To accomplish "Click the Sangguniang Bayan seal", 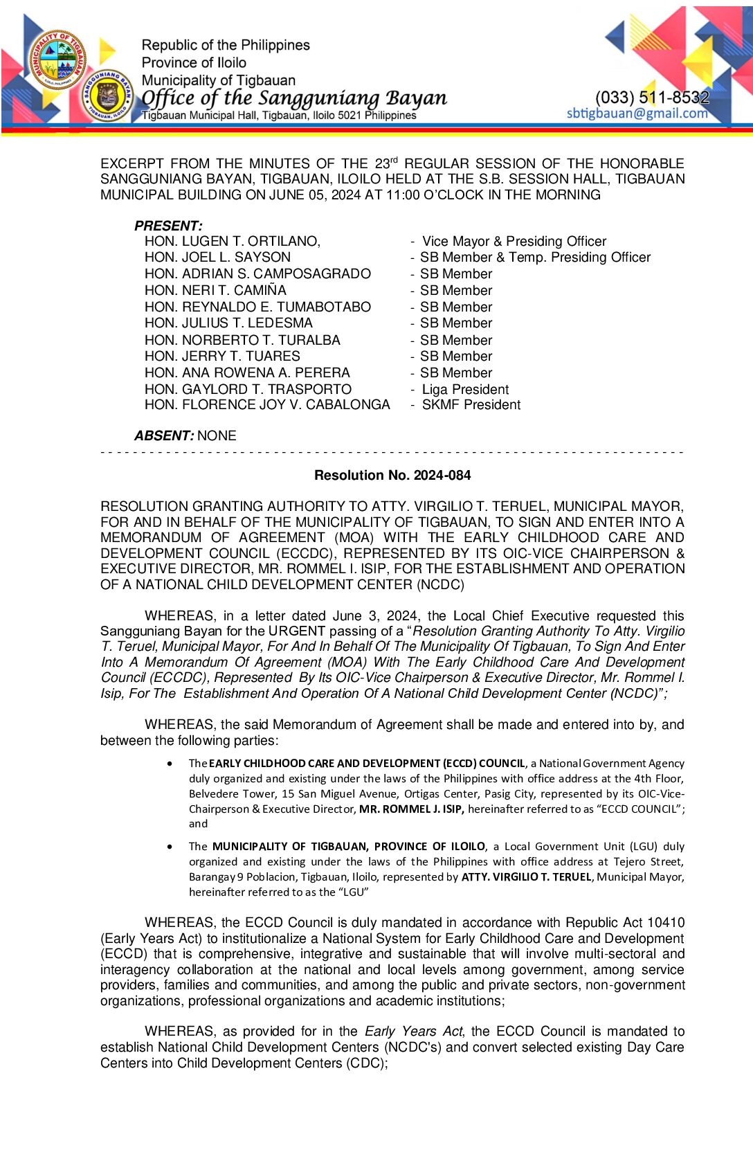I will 108,96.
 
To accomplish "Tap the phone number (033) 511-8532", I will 652,98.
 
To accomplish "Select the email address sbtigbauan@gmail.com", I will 637,114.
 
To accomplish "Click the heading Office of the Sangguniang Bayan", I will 294,98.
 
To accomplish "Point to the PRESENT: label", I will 168,226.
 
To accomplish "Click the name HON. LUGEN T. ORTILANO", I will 232,241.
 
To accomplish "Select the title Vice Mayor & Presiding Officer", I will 514,241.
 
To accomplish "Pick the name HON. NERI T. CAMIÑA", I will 215,290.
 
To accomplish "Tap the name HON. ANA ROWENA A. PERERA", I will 247,372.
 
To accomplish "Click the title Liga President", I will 465,389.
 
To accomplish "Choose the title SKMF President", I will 471,405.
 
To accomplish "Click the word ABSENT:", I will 164,435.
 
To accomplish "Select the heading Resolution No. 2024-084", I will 392,475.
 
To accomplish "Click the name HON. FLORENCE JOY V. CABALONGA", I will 267,405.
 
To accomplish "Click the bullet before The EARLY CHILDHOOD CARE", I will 170,763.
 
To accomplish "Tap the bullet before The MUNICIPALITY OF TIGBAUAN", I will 170,846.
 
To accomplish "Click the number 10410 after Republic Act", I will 666,922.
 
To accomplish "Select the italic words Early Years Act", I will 414,1031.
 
